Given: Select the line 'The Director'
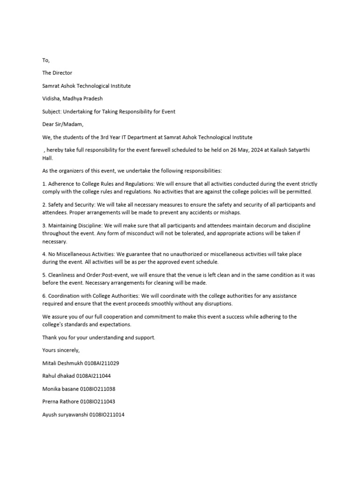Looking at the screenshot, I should point(57,73).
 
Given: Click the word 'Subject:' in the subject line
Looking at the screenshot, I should point(53,112).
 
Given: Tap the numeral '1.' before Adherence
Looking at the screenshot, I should point(44,184).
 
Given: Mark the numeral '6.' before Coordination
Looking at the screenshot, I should point(44,296).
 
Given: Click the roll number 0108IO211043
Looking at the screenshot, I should point(97,402).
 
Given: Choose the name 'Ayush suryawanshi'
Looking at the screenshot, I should point(65,415).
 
